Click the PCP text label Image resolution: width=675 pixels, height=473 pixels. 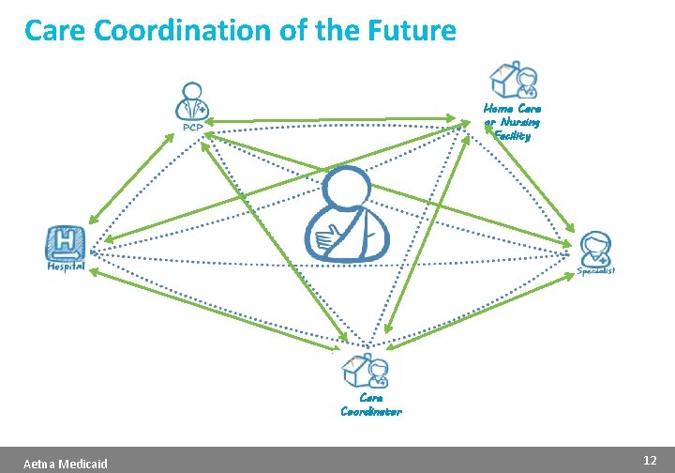coord(192,129)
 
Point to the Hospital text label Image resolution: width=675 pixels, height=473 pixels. coord(66,266)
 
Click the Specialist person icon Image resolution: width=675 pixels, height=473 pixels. coord(595,249)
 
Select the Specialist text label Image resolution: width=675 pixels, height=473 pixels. coord(596,271)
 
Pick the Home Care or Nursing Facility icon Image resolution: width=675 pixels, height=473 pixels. coord(514,81)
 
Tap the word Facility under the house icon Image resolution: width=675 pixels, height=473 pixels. coord(513,135)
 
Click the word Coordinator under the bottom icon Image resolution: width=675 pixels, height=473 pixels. coord(371,411)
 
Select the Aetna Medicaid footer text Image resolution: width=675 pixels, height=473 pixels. coord(66,464)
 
